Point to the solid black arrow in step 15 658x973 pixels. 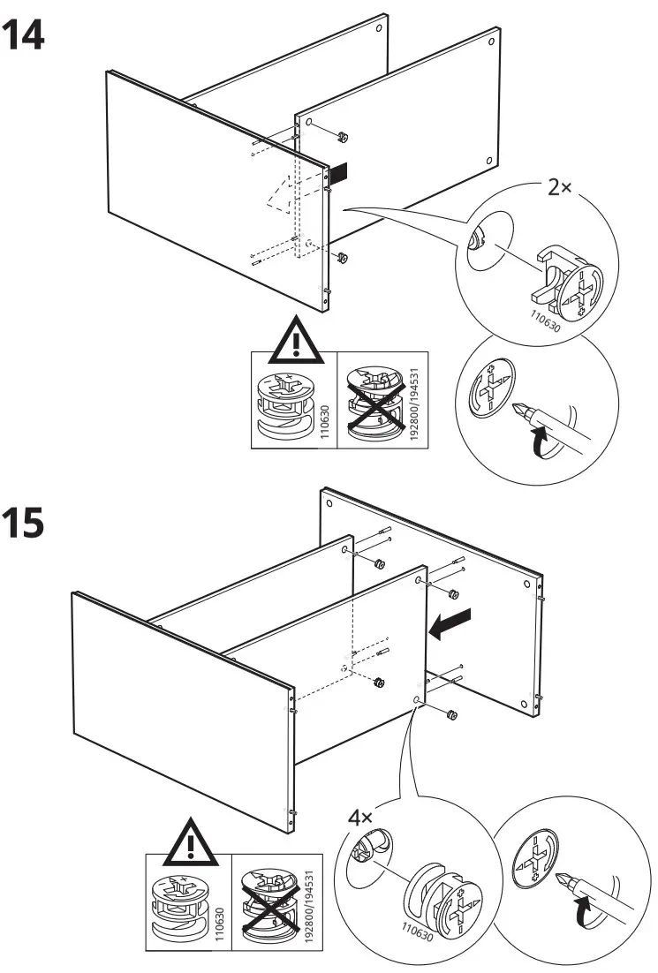[x=450, y=624]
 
